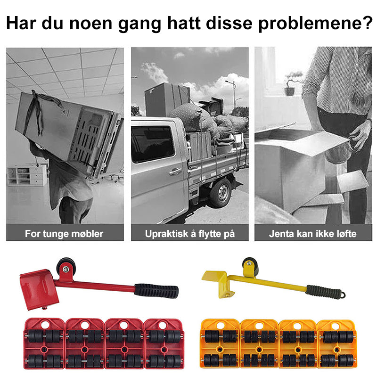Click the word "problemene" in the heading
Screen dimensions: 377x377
(x=316, y=23)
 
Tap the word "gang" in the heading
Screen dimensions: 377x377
(x=139, y=24)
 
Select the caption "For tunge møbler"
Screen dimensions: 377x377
(x=64, y=234)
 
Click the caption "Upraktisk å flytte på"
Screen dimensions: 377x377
(x=190, y=234)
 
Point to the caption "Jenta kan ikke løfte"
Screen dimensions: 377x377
(x=312, y=234)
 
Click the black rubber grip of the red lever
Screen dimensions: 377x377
(x=156, y=291)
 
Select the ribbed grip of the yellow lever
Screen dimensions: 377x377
(x=324, y=292)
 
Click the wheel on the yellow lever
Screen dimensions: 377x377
(x=251, y=266)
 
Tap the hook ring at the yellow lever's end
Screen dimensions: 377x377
(x=343, y=295)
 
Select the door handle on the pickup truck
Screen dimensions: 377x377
(x=175, y=172)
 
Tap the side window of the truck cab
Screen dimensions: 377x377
(x=152, y=143)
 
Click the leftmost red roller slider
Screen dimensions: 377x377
(x=44, y=344)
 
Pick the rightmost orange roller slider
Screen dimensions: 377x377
(x=337, y=344)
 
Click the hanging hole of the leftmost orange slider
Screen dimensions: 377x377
(x=221, y=325)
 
